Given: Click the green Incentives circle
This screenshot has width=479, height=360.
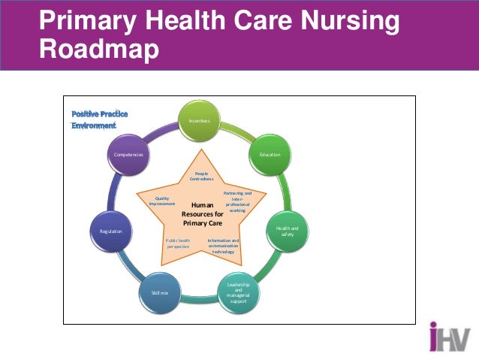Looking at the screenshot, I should point(199,121).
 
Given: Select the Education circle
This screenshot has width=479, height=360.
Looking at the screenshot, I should point(270,154).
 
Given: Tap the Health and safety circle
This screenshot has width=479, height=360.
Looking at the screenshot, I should point(288,231).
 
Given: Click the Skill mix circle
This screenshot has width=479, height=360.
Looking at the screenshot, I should point(160,292).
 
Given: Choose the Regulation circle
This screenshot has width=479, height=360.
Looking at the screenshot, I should point(111,231).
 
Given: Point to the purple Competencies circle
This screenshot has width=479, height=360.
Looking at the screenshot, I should point(128,154).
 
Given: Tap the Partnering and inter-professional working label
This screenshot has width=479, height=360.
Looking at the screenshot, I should point(238,202).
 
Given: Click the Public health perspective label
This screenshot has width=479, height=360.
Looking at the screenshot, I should point(178,244).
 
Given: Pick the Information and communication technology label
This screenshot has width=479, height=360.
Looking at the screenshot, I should point(223,246).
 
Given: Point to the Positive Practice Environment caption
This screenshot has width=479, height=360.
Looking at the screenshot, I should point(99,119).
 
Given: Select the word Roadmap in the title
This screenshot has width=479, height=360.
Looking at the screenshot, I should point(99,49).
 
